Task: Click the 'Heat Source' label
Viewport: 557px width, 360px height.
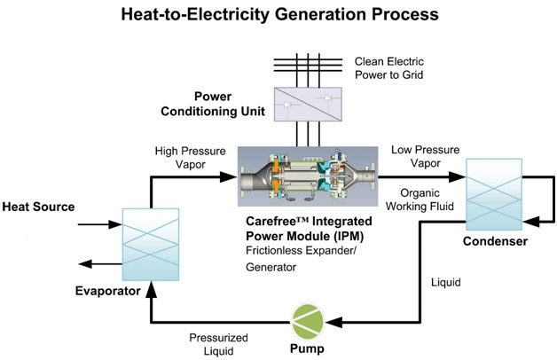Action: pos(37,207)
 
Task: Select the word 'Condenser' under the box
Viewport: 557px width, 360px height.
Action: pos(497,240)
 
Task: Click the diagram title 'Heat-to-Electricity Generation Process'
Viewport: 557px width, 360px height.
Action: pos(278,15)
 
